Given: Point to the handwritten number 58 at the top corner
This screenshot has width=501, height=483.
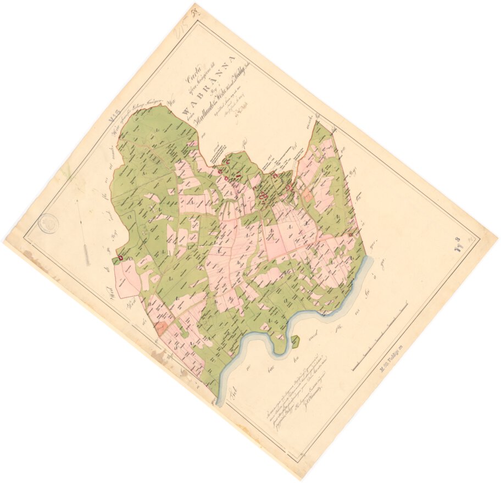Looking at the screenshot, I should [194, 8].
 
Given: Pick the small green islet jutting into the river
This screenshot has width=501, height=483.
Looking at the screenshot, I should [296, 341].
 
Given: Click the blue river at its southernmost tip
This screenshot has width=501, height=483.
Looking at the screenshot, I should [220, 401].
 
